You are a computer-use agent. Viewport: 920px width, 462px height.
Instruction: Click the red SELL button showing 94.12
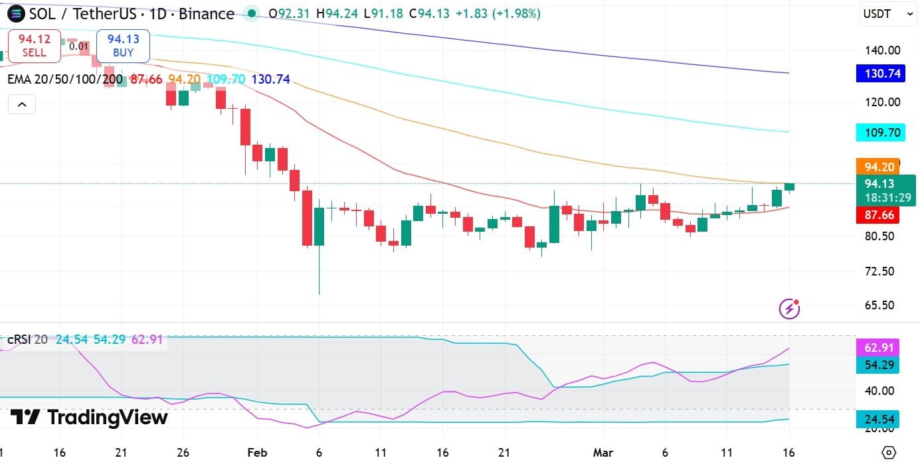point(34,46)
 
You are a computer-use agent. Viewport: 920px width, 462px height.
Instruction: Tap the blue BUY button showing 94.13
point(123,46)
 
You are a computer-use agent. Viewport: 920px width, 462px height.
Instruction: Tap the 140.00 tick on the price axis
point(881,50)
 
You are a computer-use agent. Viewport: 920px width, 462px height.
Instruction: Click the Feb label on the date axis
point(257,453)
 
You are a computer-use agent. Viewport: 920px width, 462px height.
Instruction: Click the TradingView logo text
point(90,418)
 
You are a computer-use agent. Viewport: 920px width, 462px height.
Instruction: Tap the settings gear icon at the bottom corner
point(888,453)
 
